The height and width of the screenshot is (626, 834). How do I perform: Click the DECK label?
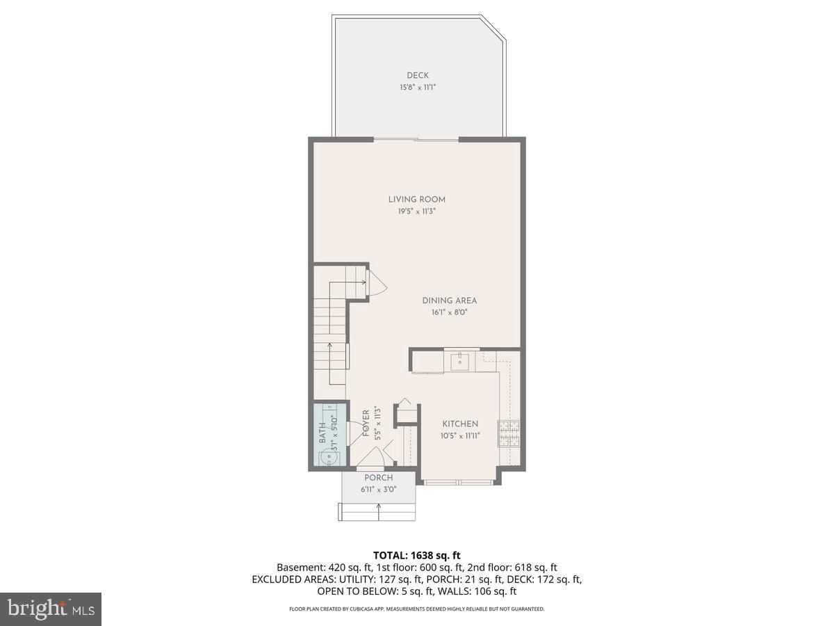(418, 75)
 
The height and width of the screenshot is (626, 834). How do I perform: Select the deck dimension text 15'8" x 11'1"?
(418, 88)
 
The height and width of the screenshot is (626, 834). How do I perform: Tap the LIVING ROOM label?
(417, 200)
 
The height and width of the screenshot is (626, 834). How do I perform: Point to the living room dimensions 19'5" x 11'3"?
(417, 211)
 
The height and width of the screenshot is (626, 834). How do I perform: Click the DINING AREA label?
(450, 300)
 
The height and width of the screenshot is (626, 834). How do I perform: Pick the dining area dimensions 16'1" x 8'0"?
(450, 312)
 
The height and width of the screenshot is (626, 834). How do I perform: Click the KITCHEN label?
(460, 424)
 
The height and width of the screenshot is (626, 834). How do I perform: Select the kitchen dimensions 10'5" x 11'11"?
(460, 436)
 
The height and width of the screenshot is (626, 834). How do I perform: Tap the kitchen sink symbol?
(459, 360)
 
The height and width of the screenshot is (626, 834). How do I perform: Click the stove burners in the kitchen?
(509, 434)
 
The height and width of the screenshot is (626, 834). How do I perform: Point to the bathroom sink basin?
(325, 458)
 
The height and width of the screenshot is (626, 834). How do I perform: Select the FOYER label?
(366, 424)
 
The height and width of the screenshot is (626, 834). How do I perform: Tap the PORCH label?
(379, 478)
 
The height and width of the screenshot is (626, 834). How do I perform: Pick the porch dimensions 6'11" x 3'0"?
(379, 490)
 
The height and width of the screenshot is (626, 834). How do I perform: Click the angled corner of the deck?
(496, 30)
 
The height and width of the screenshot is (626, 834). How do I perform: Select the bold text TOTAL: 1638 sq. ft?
(417, 555)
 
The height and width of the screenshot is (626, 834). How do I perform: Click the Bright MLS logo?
(51, 609)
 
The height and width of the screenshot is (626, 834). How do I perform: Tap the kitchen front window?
(458, 482)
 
